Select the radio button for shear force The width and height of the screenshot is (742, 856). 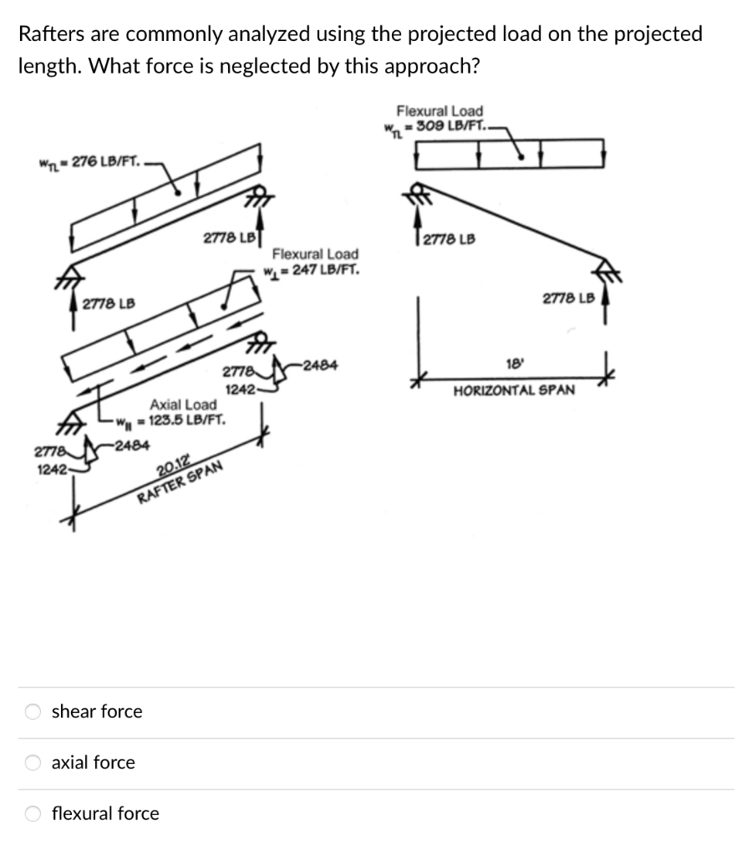(x=33, y=711)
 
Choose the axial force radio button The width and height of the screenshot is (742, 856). (x=33, y=762)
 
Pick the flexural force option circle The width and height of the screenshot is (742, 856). (x=33, y=813)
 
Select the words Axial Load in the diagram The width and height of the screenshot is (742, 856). (x=182, y=405)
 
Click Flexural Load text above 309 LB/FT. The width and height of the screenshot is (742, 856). (x=439, y=110)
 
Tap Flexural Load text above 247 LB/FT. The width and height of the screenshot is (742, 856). (x=315, y=254)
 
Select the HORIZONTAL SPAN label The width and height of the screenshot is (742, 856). (x=513, y=390)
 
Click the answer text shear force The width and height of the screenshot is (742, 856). (x=97, y=711)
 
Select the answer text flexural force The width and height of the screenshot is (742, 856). (x=105, y=813)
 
